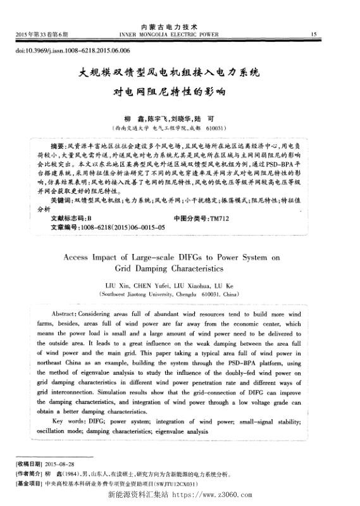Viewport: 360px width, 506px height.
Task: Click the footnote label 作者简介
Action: pos(28,473)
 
